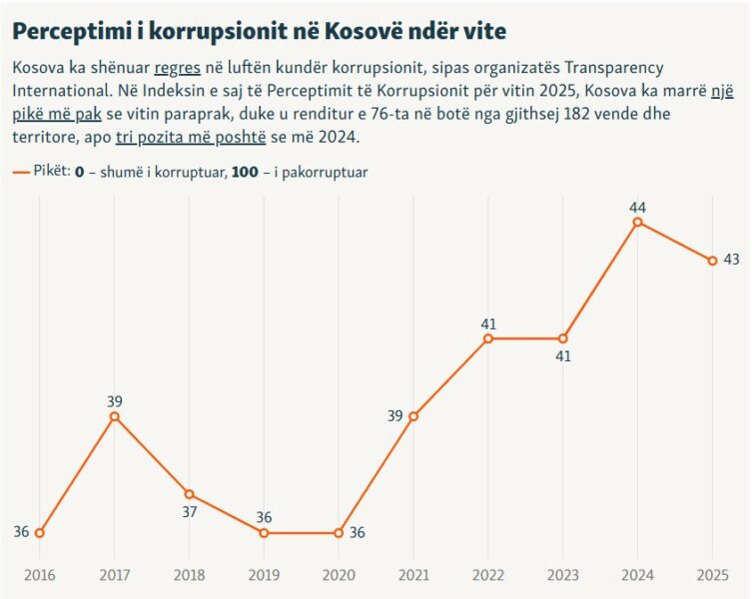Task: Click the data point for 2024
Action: pyautogui.click(x=637, y=222)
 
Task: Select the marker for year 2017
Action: pyautogui.click(x=114, y=416)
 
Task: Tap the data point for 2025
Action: pyautogui.click(x=712, y=261)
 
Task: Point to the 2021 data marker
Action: pyautogui.click(x=413, y=416)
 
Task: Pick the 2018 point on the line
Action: pyautogui.click(x=189, y=494)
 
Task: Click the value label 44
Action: pyautogui.click(x=637, y=207)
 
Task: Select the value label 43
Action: pyautogui.click(x=731, y=260)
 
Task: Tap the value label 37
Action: pyautogui.click(x=189, y=511)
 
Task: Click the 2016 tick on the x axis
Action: pyautogui.click(x=39, y=577)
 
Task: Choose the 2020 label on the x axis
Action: pyautogui.click(x=339, y=577)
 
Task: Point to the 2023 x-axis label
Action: pyautogui.click(x=562, y=577)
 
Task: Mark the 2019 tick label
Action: pyautogui.click(x=264, y=577)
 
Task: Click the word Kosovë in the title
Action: pyautogui.click(x=365, y=31)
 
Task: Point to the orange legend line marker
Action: pyautogui.click(x=22, y=172)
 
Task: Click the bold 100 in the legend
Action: pyautogui.click(x=245, y=172)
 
